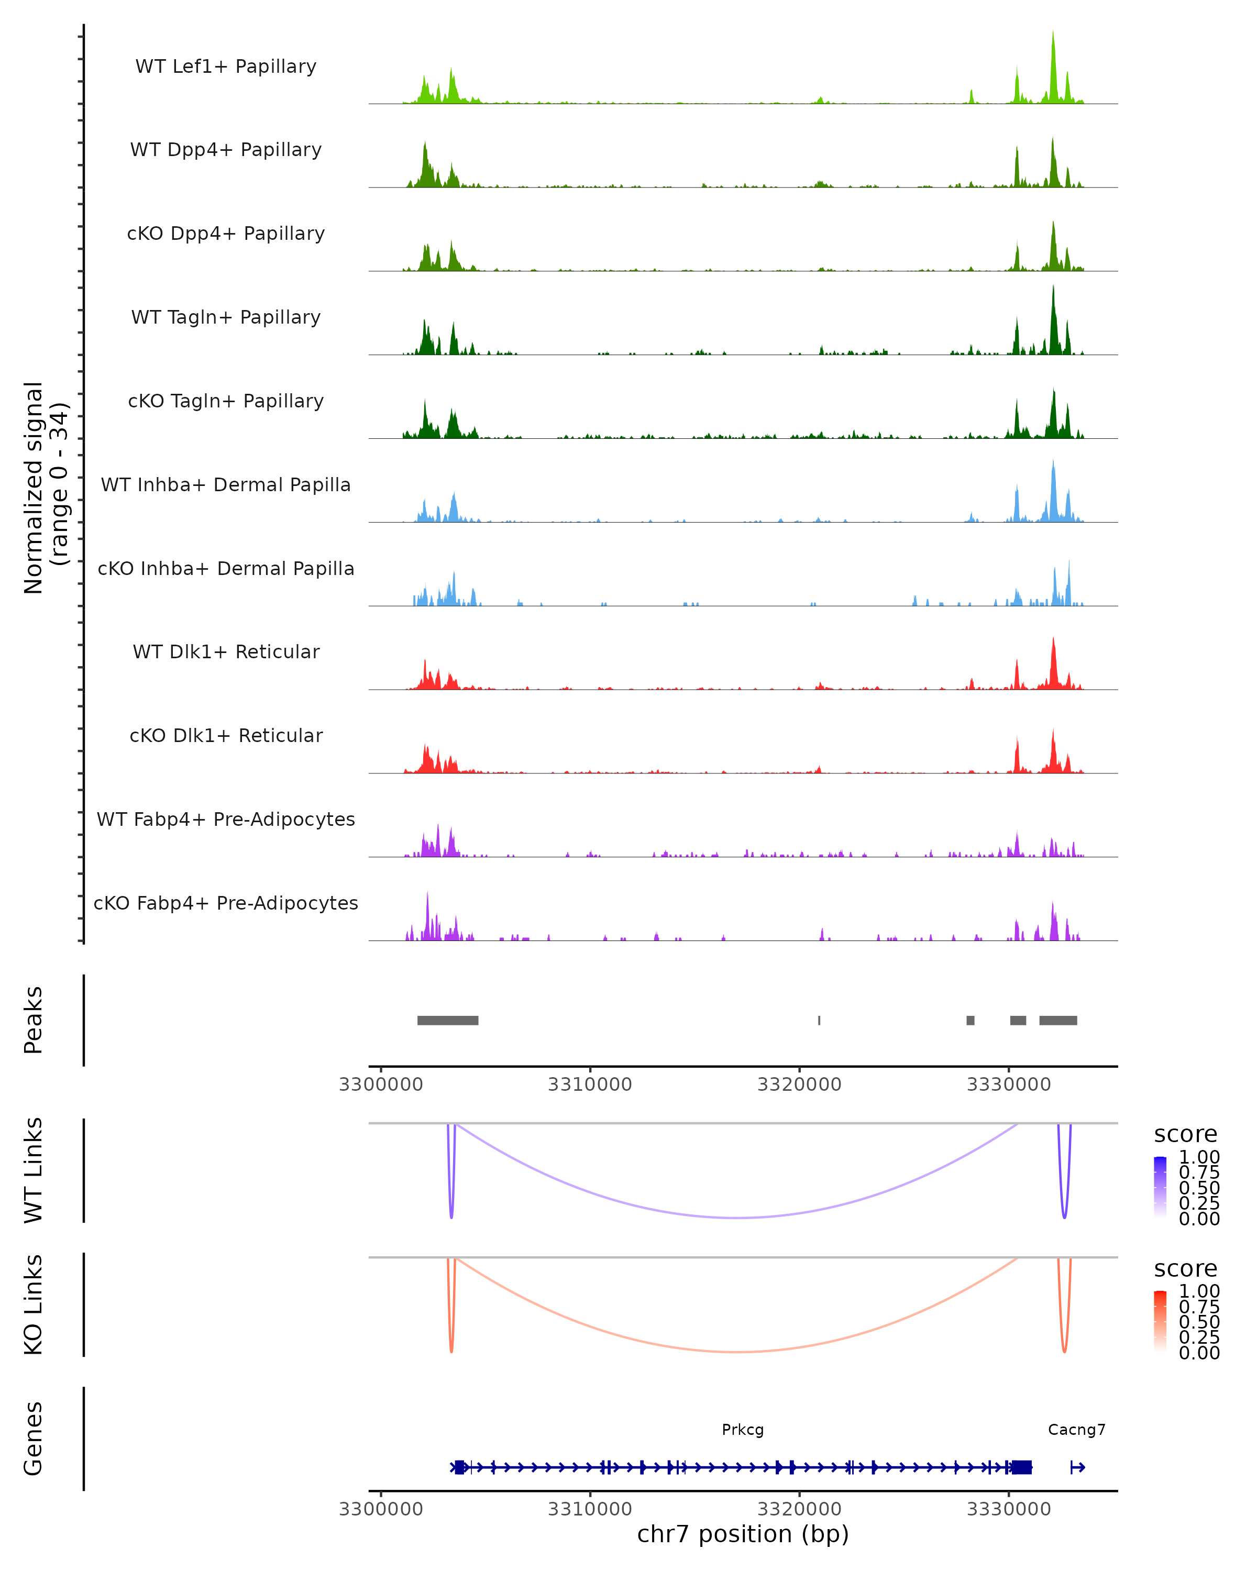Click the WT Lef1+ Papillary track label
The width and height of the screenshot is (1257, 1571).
click(x=226, y=67)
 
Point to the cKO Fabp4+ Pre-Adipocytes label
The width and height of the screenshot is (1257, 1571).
click(x=226, y=903)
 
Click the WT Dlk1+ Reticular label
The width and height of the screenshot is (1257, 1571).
click(x=226, y=651)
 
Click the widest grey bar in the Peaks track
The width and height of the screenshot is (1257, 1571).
click(x=447, y=1020)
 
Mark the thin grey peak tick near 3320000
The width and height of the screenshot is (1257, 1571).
click(x=819, y=1020)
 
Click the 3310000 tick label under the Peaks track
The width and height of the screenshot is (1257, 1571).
click(x=590, y=1085)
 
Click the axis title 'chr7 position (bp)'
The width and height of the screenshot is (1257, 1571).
click(x=743, y=1534)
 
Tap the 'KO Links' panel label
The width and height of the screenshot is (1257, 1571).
click(x=34, y=1304)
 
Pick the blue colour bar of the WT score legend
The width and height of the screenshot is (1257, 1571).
click(x=1160, y=1187)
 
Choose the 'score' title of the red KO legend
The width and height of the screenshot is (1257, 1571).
click(x=1185, y=1269)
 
